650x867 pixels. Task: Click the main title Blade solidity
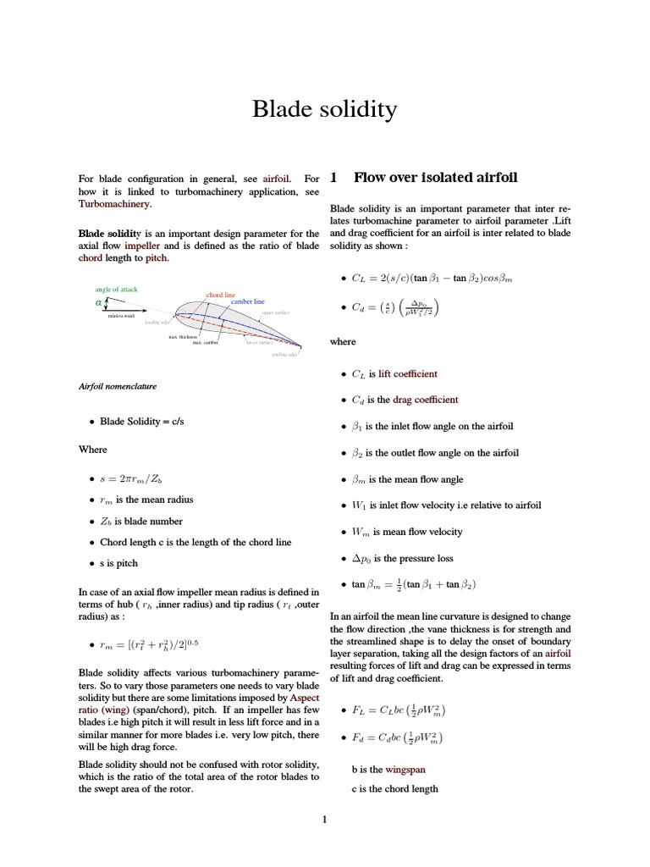324,109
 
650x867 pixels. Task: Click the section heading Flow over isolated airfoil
435,178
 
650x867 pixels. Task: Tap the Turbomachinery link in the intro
114,204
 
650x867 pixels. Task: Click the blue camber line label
248,301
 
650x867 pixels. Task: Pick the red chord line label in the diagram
220,295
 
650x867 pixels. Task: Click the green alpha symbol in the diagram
98,302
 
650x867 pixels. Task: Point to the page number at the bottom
324,819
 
